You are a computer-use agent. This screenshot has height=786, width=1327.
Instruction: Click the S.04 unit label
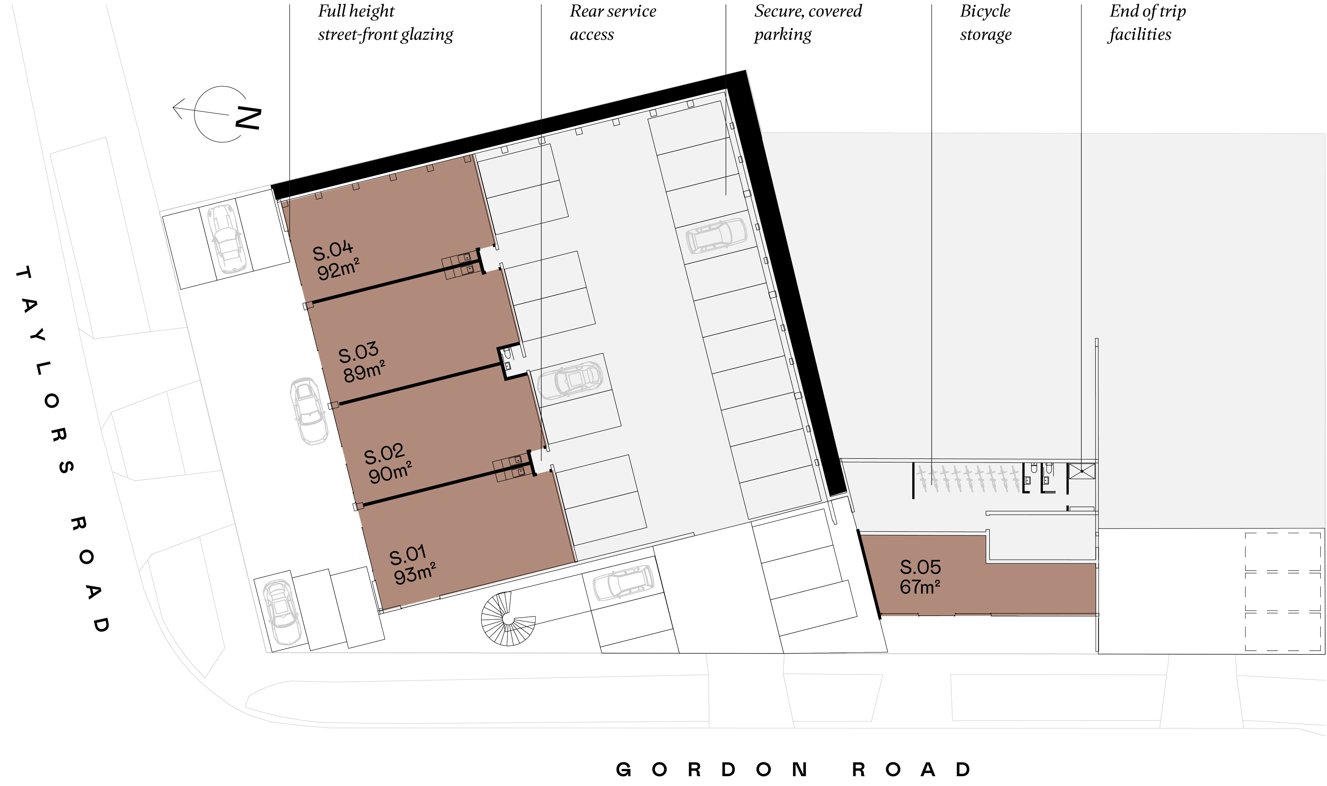click(333, 250)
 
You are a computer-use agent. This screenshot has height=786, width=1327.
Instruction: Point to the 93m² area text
click(415, 573)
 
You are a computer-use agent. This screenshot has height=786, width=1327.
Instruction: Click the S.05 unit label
click(920, 567)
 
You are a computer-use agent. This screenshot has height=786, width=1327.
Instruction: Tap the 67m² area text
click(920, 587)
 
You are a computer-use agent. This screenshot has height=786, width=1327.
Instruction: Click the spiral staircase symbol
click(507, 619)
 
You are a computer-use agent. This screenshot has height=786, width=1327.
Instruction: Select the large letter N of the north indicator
click(248, 118)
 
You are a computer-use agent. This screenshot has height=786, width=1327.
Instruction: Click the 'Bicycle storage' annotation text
click(985, 23)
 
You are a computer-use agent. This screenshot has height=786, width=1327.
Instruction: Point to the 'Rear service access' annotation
click(613, 23)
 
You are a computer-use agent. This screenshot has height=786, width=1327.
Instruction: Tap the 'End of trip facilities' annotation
click(1147, 23)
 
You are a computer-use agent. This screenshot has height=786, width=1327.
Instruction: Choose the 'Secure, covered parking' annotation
click(808, 23)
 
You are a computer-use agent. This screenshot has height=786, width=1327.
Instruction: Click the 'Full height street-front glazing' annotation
click(385, 23)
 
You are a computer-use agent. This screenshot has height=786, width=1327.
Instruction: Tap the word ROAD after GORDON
click(911, 769)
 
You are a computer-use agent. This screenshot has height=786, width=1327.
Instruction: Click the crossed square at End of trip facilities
click(1082, 471)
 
